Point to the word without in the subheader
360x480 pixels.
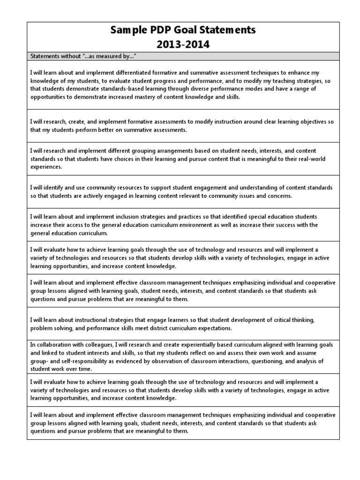71,57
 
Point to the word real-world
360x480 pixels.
306,158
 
